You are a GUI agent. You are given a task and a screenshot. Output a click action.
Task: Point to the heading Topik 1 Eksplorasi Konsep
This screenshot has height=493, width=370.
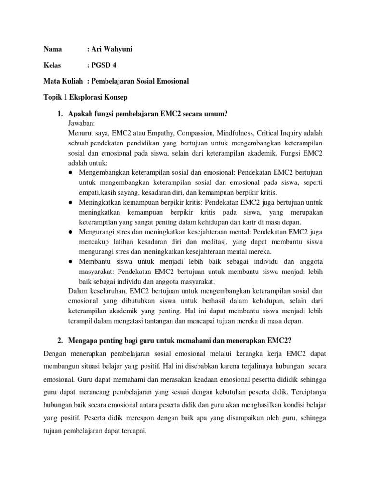coord(85,97)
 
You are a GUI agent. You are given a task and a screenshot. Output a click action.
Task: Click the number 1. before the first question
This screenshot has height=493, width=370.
coord(60,114)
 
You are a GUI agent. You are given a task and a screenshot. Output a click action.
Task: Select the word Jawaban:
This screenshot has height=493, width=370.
coord(83,123)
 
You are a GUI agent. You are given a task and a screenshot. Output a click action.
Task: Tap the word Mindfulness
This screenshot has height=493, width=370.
coord(235,132)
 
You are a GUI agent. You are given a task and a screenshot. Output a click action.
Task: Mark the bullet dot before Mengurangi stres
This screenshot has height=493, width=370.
coord(71,232)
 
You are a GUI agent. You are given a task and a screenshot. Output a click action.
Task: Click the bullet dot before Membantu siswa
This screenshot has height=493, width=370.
coord(71,261)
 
